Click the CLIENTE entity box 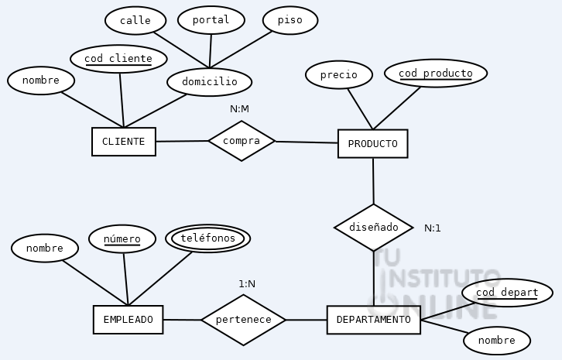pyautogui.click(x=123, y=142)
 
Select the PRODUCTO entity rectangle pyautogui.click(x=372, y=144)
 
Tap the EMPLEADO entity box pyautogui.click(x=128, y=320)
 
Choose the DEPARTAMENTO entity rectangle pyautogui.click(x=373, y=320)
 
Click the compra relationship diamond pyautogui.click(x=242, y=141)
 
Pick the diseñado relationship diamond pyautogui.click(x=374, y=228)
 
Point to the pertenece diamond pyautogui.click(x=243, y=319)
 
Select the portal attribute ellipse pyautogui.click(x=211, y=20)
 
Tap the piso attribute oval pyautogui.click(x=290, y=20)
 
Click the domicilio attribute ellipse pyautogui.click(x=209, y=81)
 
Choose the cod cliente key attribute pyautogui.click(x=118, y=59)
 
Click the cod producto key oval pyautogui.click(x=435, y=74)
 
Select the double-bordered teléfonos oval pyautogui.click(x=207, y=238)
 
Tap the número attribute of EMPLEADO pyautogui.click(x=122, y=239)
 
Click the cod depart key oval pyautogui.click(x=507, y=293)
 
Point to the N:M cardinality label pyautogui.click(x=239, y=109)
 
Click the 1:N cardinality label pyautogui.click(x=247, y=284)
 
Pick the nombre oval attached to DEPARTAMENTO pyautogui.click(x=496, y=341)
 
